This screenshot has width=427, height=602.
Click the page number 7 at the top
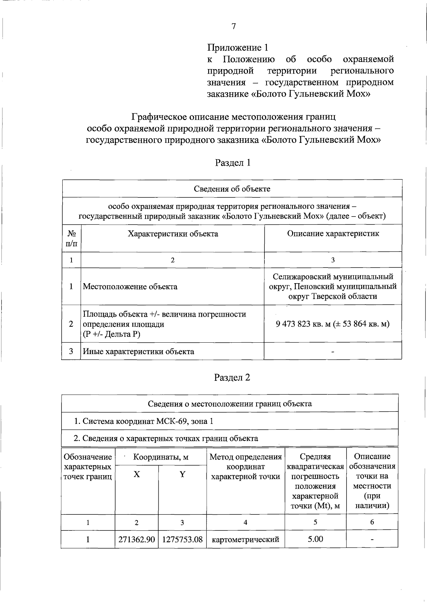point(233,26)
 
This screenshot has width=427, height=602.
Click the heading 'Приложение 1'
point(238,48)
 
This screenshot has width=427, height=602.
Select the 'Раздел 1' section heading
point(233,163)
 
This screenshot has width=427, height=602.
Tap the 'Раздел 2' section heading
point(232,378)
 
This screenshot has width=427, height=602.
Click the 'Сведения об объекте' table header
point(232,189)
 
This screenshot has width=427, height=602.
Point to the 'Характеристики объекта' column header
point(173,234)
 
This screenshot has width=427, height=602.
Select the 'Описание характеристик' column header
point(333,234)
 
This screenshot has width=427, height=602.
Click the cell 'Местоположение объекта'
point(130,287)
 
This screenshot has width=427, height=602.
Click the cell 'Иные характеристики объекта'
point(138,352)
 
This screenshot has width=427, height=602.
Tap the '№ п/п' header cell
point(72,238)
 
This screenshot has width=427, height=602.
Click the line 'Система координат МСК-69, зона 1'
point(143,421)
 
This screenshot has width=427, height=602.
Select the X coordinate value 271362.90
point(136,540)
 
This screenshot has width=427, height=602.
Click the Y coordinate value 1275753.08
point(182,540)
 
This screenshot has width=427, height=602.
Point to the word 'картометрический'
point(245,540)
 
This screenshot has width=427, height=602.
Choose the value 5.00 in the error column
point(315,539)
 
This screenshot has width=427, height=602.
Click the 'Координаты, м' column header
point(160,457)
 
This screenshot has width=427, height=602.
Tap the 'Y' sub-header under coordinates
point(182,474)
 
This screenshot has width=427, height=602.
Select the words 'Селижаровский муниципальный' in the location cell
point(333,277)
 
